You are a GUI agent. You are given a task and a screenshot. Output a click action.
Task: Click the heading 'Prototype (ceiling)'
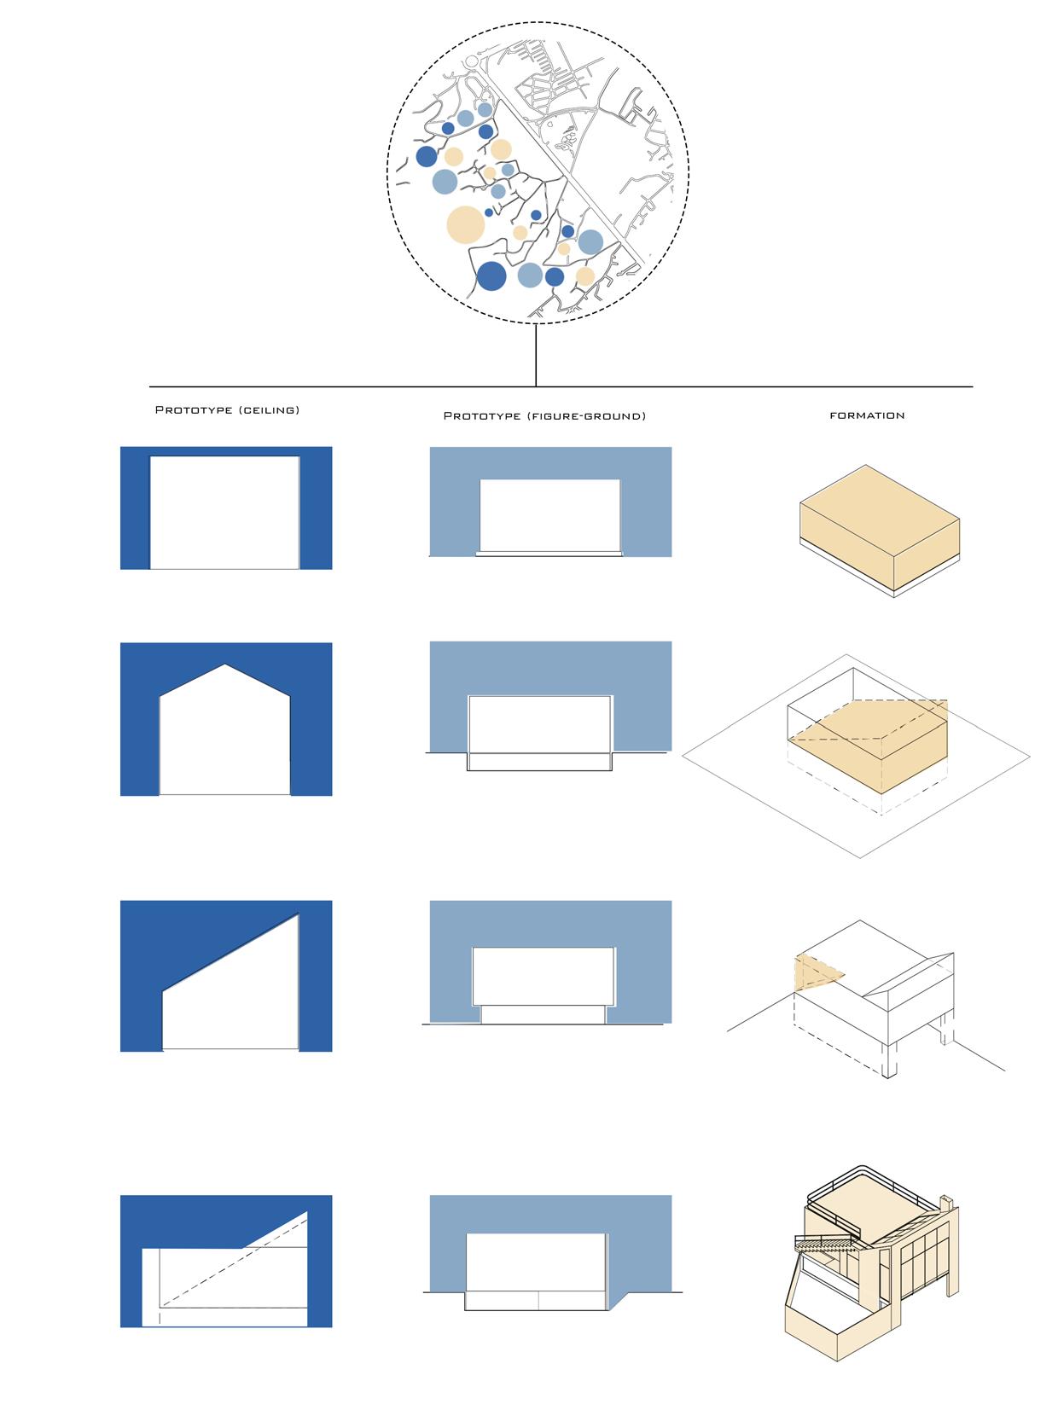227,410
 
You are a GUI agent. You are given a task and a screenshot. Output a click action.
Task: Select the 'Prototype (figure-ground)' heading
544,416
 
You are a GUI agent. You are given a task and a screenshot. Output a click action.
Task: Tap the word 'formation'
867,415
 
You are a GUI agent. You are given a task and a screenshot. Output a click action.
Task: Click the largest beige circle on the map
466,225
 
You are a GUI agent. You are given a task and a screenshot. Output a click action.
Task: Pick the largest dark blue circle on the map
491,276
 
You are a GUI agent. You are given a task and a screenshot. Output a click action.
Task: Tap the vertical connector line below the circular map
536,354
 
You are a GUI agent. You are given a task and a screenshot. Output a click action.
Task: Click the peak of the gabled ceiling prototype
224,665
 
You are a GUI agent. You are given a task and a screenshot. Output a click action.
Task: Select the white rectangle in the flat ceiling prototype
225,512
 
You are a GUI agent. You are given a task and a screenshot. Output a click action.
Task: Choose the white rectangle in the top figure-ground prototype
550,514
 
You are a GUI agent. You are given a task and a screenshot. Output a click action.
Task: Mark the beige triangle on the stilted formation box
815,972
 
